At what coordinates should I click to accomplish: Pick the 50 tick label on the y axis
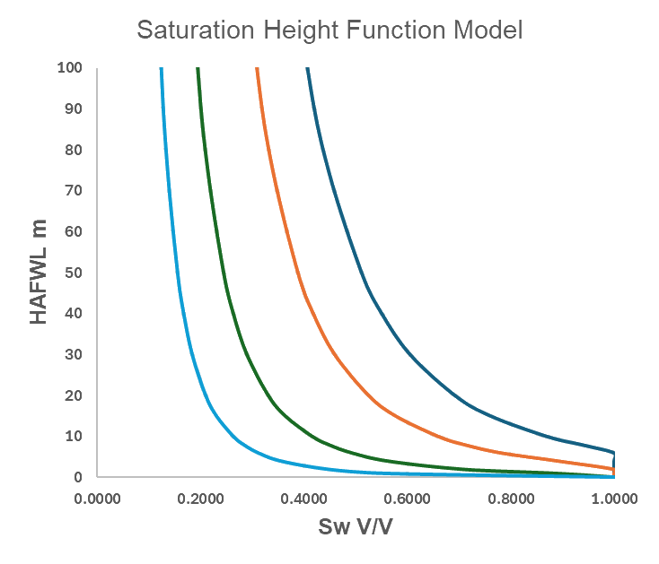point(74,272)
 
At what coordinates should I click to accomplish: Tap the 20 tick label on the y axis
point(74,395)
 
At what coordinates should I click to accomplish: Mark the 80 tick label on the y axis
point(74,149)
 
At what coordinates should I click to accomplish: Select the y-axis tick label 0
point(77,477)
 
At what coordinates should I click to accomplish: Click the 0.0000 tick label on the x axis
point(97,499)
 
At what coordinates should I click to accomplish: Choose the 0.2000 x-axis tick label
point(200,499)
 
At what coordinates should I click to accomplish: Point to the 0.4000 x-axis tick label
point(303,499)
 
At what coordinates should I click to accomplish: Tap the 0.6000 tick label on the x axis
point(407,499)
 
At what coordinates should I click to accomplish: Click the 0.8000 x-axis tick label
point(510,499)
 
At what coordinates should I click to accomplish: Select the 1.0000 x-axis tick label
point(613,499)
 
